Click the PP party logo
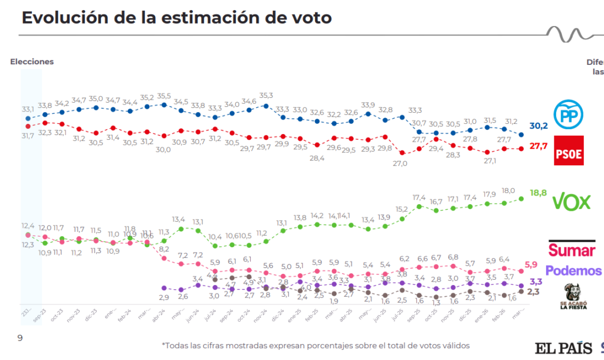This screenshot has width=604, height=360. (x=569, y=114)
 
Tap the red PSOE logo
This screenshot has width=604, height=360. (x=569, y=150)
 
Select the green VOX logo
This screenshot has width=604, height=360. (x=570, y=202)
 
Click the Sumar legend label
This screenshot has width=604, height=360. (x=572, y=250)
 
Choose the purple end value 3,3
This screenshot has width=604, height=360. (x=536, y=282)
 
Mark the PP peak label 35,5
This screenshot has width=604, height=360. (x=163, y=96)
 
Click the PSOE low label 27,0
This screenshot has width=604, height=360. (x=401, y=163)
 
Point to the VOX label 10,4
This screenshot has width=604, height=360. (x=215, y=237)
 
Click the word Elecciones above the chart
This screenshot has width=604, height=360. (x=32, y=62)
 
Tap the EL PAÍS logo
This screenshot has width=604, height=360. (x=563, y=348)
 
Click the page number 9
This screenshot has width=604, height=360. (x=19, y=338)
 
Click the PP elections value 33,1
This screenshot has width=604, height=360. (x=27, y=109)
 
